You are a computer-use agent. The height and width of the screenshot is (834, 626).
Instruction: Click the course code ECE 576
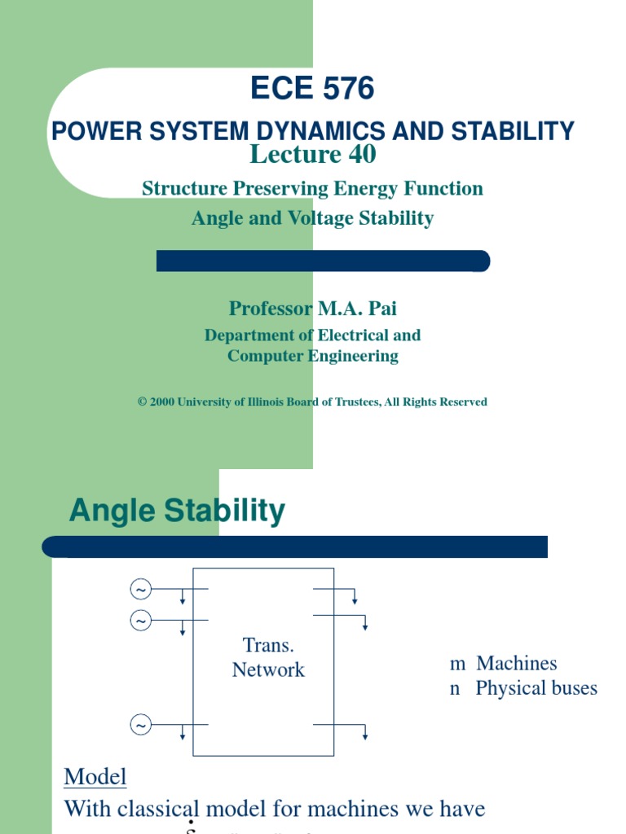point(312,88)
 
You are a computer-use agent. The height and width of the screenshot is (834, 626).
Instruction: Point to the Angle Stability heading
point(177,511)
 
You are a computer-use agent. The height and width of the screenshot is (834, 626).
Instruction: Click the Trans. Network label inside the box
point(268,658)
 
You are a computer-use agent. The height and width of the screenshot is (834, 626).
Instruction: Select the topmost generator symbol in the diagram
point(141,589)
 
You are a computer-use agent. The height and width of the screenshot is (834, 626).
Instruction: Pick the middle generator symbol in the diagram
point(141,621)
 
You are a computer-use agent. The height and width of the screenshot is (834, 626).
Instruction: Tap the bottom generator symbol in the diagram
point(141,724)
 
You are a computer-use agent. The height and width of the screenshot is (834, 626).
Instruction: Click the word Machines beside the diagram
point(517,664)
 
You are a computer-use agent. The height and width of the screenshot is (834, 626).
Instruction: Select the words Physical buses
point(536,688)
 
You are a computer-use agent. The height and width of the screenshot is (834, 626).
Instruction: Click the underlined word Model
point(95,777)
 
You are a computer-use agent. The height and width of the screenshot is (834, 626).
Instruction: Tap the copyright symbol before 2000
point(142,402)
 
